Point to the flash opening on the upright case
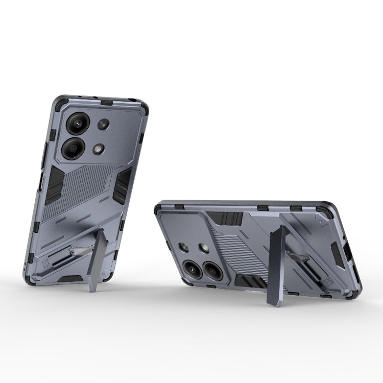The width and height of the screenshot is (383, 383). pos(99,149)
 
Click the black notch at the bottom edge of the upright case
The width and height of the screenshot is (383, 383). pos(69,279)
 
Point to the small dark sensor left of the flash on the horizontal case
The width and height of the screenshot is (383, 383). pos(185,247)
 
